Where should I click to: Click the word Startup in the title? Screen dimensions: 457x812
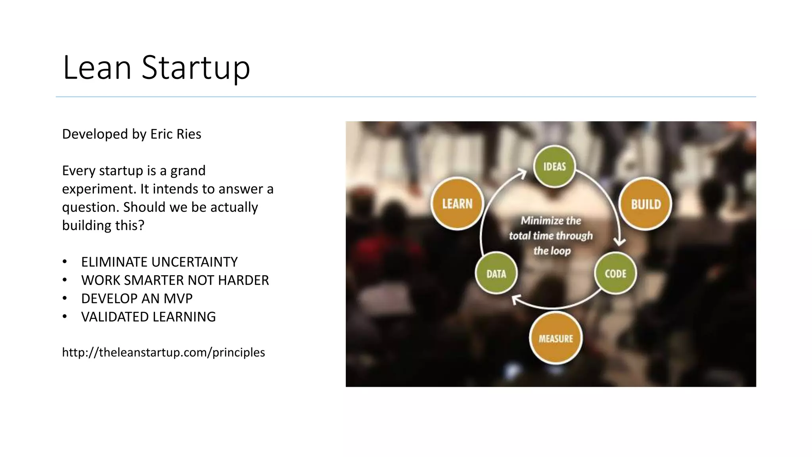click(x=196, y=68)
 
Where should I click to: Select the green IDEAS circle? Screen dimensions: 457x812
click(x=554, y=167)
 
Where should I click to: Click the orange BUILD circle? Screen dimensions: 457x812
click(x=645, y=204)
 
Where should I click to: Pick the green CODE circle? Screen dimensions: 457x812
click(x=615, y=273)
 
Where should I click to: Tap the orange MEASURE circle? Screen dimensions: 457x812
click(x=556, y=338)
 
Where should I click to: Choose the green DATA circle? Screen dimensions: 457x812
click(x=496, y=273)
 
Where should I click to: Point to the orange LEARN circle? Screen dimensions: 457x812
click(x=457, y=204)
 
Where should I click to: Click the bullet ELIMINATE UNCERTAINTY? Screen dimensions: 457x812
click(x=159, y=262)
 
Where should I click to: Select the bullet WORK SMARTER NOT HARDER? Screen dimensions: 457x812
click(x=175, y=280)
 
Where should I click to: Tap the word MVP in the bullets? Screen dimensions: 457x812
click(x=178, y=298)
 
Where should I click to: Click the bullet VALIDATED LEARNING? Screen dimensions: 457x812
click(x=148, y=317)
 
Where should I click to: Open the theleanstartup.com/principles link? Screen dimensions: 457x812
click(x=163, y=352)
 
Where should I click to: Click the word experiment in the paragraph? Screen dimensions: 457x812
click(x=99, y=189)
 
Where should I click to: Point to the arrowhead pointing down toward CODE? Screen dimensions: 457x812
click(x=619, y=241)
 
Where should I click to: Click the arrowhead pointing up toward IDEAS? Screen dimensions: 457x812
click(x=523, y=173)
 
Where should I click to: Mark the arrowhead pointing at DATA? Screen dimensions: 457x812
click(x=515, y=300)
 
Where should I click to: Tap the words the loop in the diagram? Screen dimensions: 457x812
click(x=552, y=251)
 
